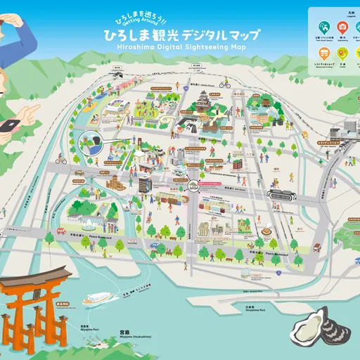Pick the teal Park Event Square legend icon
pyautogui.click(x=320, y=27)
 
